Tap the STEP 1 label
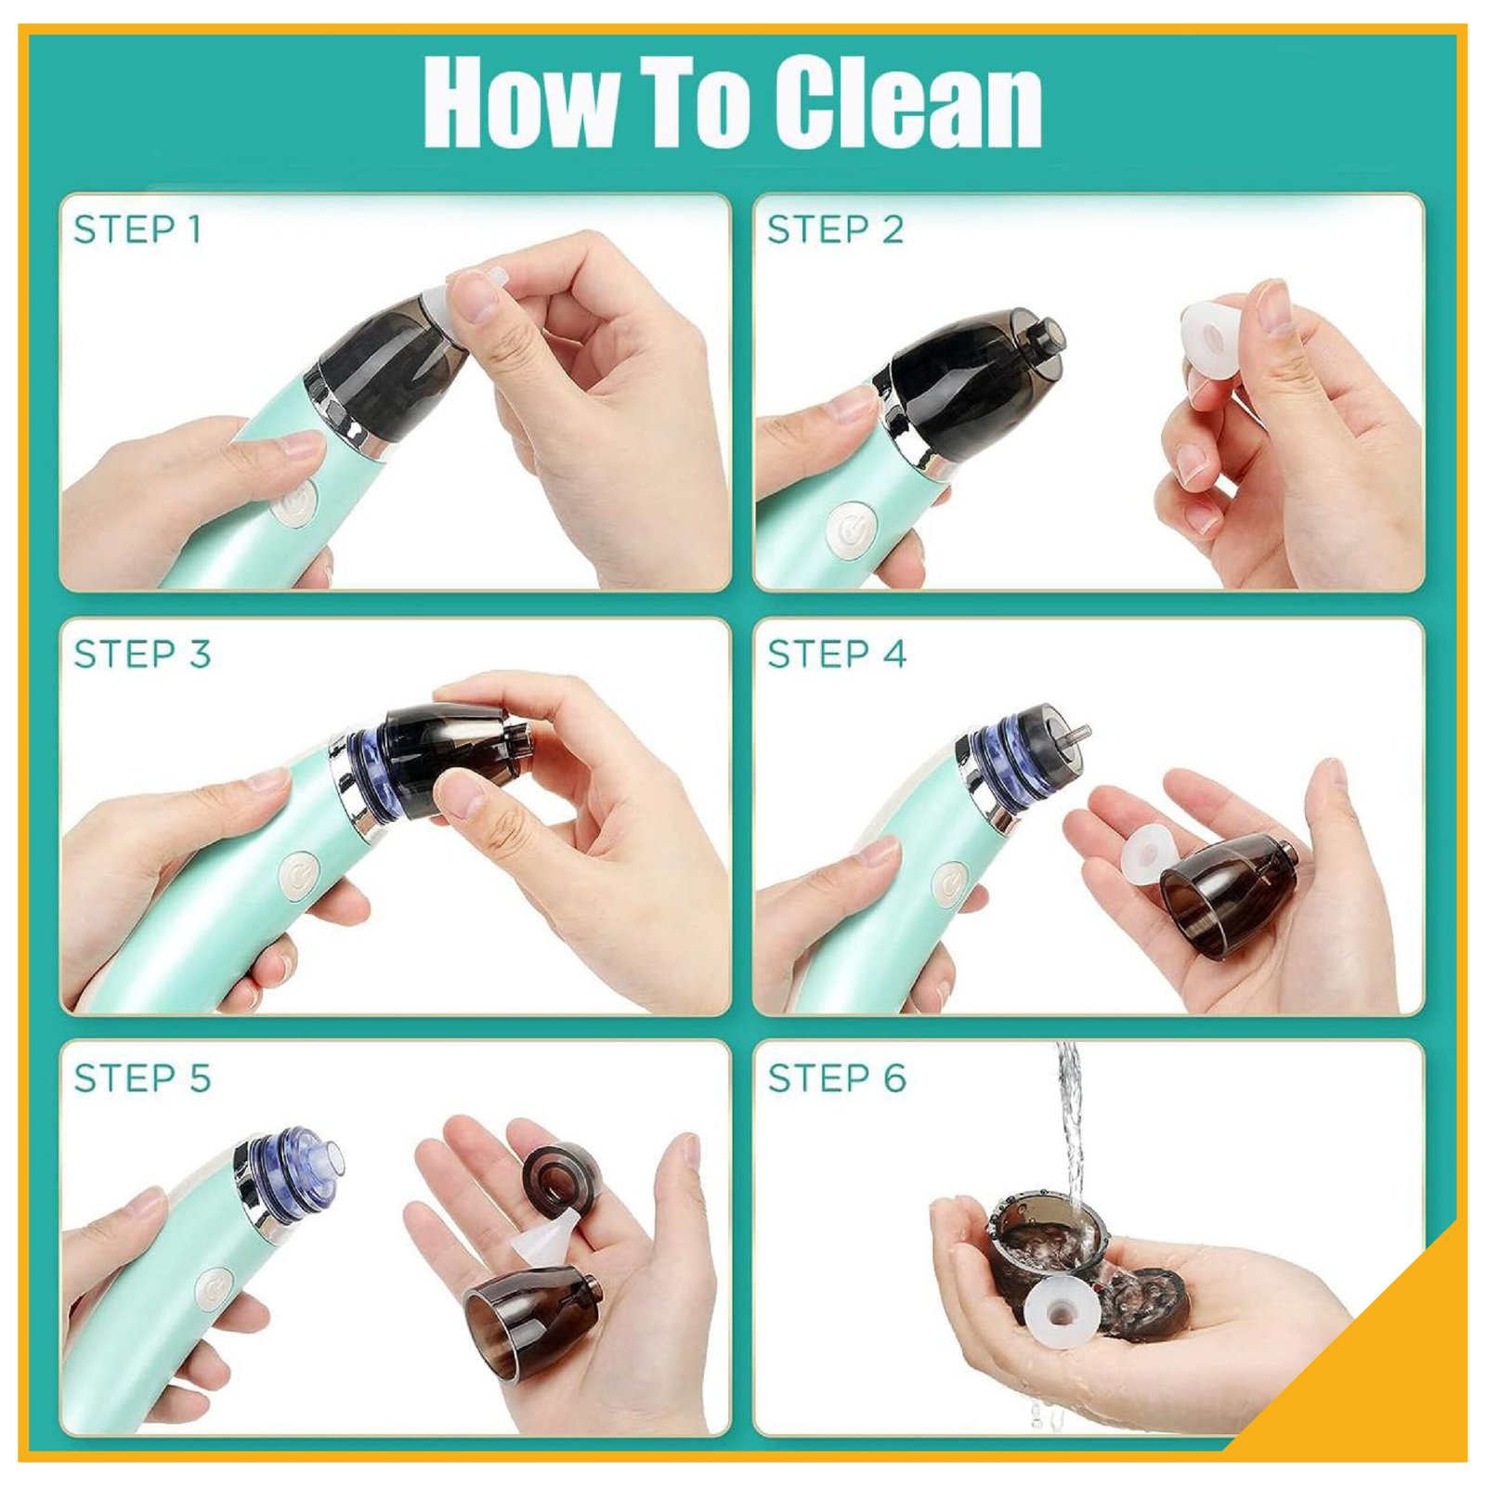tap(137, 229)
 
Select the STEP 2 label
tap(835, 229)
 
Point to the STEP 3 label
tap(142, 654)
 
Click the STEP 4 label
tap(836, 654)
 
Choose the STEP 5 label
tap(142, 1078)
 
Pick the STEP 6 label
tap(836, 1078)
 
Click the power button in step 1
tap(295, 502)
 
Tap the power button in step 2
tap(850, 530)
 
